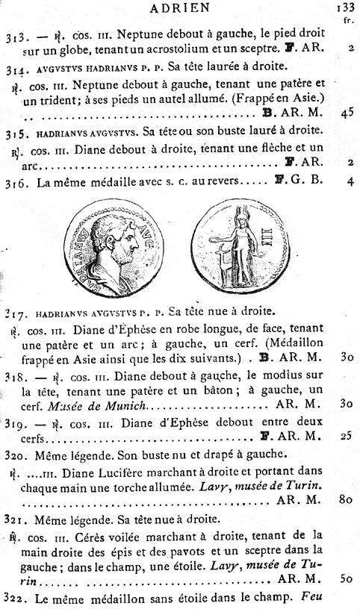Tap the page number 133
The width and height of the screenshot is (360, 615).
(x=345, y=10)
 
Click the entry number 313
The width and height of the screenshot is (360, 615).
(x=16, y=36)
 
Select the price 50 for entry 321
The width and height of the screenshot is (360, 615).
(x=345, y=578)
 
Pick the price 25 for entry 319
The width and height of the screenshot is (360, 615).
(x=345, y=434)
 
